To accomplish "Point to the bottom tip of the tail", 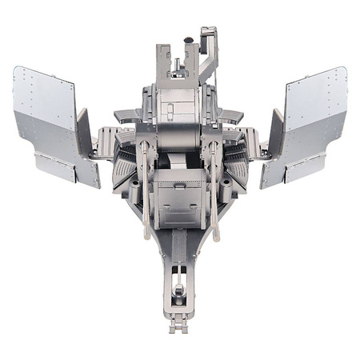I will pos(182,328).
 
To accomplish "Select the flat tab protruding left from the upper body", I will pos(124,114).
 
